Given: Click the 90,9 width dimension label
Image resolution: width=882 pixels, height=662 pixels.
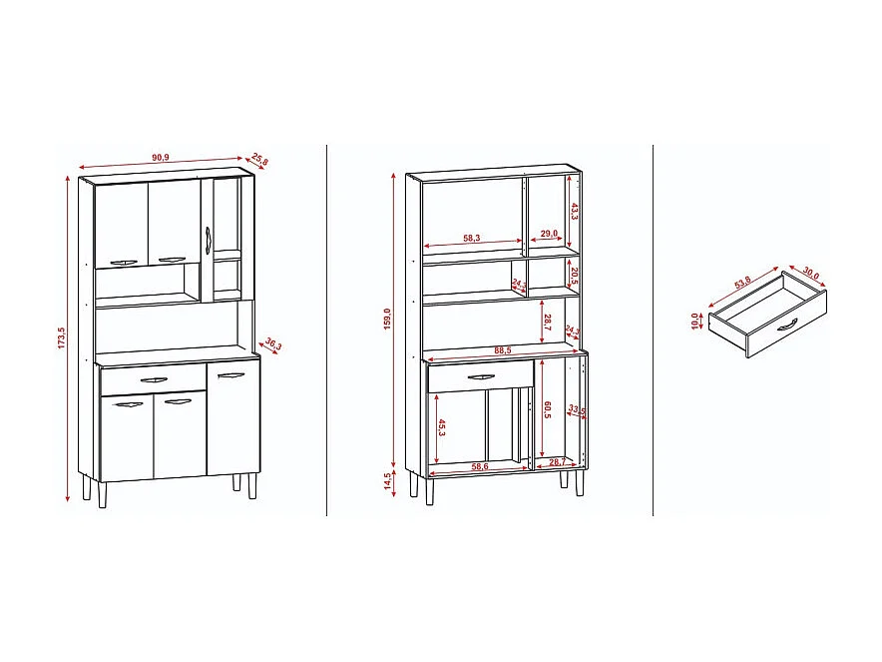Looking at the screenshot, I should click(x=160, y=158).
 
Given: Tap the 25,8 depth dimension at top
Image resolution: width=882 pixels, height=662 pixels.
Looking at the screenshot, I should click(x=260, y=159).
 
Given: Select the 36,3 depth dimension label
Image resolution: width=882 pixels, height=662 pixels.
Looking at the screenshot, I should click(x=272, y=345).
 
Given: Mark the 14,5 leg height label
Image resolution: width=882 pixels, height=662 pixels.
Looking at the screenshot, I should click(x=387, y=480).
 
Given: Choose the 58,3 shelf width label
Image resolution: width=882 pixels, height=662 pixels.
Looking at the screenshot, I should click(x=472, y=237).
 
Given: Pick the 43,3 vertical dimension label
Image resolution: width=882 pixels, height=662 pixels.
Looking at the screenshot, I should click(x=575, y=211).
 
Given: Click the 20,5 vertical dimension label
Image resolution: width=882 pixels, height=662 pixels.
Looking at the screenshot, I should click(x=575, y=275).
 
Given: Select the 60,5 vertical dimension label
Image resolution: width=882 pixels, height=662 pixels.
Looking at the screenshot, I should click(x=548, y=410).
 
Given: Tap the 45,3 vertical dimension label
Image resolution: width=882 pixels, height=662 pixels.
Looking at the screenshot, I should click(x=440, y=427).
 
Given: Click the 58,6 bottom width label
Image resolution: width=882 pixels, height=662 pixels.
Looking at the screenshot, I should click(x=481, y=467).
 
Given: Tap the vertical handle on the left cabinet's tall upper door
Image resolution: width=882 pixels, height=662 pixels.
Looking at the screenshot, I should click(x=208, y=239).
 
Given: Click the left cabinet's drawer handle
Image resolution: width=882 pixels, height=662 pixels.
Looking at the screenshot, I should click(x=156, y=379).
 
